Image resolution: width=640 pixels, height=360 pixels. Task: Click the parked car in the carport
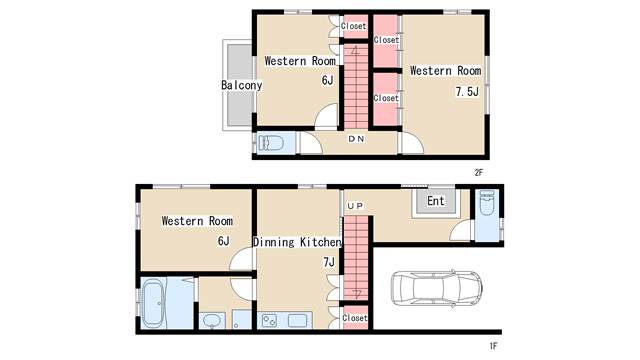[436, 289]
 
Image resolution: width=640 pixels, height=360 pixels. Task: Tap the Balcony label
[241, 85]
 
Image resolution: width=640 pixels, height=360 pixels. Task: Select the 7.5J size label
[467, 91]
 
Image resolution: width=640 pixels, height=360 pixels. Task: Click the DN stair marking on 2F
[356, 139]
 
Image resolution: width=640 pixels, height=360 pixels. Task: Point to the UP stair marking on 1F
[355, 206]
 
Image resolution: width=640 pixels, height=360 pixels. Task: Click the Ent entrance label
[436, 201]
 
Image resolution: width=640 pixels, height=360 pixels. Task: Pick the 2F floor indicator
[478, 173]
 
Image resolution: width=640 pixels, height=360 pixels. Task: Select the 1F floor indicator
[493, 346]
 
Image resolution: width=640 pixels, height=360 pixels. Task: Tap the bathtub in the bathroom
[153, 302]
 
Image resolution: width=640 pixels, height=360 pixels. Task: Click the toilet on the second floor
[271, 143]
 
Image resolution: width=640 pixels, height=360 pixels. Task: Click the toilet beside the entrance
[487, 202]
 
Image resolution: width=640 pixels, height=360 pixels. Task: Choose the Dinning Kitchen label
[297, 242]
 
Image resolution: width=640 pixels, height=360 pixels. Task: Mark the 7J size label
[329, 262]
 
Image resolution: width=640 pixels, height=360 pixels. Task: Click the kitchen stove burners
[269, 320]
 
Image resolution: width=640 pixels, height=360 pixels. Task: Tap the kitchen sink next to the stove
[298, 320]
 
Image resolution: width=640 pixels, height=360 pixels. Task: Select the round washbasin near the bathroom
[211, 321]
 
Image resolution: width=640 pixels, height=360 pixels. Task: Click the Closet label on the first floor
[355, 318]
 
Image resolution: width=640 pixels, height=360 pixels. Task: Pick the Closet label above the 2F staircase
[353, 26]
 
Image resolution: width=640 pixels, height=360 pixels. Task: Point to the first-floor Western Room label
[197, 221]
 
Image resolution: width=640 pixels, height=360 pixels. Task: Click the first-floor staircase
[356, 258]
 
